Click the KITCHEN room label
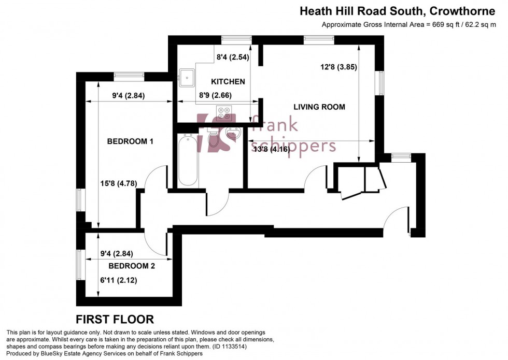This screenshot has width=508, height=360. pos(228,82)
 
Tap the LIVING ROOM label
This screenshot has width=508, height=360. pos(319,107)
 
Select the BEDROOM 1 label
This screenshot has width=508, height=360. pos(130,141)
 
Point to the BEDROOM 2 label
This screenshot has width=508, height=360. pos(132,266)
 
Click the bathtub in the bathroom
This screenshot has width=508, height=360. pos(188,160)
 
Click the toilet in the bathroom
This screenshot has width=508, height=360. pos(213,137)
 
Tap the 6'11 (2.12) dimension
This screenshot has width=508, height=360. pos(119,280)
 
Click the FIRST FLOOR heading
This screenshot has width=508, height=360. pos(115,319)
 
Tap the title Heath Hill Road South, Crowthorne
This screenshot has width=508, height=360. pos(402,10)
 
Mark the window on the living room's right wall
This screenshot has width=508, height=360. pos(381,83)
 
